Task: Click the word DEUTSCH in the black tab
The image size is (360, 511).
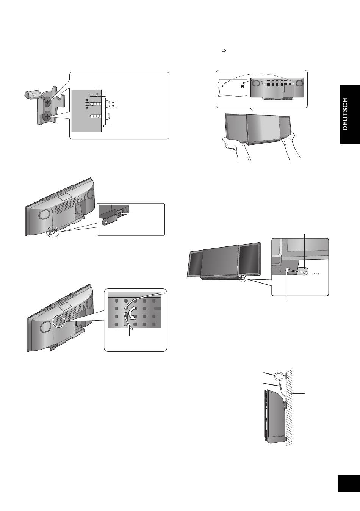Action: (345, 114)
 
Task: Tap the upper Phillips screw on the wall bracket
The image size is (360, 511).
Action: (48, 102)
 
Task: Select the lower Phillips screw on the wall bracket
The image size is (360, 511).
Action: (47, 117)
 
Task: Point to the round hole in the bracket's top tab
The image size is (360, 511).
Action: (33, 93)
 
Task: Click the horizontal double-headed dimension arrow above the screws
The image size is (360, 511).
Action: (98, 97)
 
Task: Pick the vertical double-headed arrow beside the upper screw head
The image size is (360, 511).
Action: (113, 104)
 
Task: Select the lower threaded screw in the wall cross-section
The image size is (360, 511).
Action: (96, 116)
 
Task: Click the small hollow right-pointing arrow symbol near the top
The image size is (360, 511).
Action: (224, 51)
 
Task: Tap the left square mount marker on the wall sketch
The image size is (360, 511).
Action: (223, 86)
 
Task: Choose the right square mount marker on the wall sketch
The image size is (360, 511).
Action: (243, 86)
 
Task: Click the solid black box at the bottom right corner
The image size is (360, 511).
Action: (349, 483)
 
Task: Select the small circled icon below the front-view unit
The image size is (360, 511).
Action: (243, 279)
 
